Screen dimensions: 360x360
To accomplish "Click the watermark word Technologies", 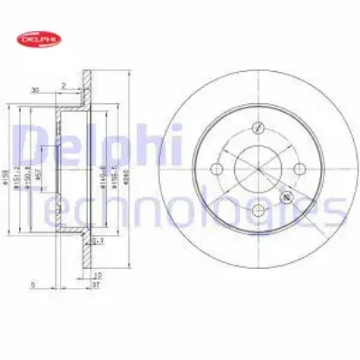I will coord(182,208).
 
